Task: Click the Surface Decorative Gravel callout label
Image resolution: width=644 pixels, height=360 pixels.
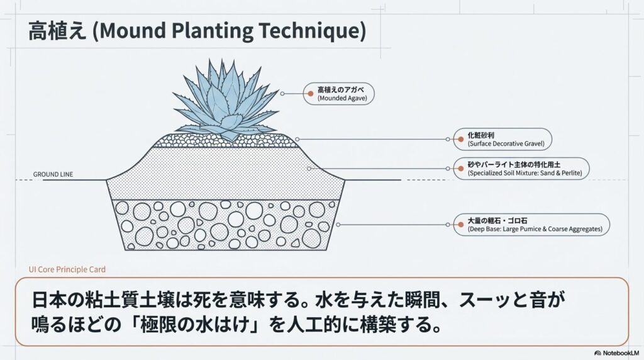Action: tap(506, 139)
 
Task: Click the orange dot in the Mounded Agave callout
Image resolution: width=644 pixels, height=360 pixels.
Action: tap(310, 94)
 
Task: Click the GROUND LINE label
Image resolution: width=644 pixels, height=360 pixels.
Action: tap(53, 174)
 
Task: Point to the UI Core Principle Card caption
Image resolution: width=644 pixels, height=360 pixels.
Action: tap(67, 269)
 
